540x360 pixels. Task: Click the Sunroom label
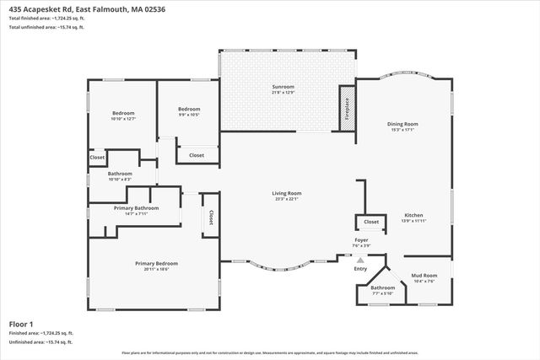[283, 87]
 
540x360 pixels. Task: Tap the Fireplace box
[345, 107]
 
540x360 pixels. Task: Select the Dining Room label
[404, 124]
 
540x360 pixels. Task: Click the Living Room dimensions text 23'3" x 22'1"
[287, 199]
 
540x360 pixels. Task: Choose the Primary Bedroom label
[156, 263]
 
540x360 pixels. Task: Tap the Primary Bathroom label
[136, 207]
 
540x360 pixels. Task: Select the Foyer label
[361, 240]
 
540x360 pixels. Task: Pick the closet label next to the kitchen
[370, 222]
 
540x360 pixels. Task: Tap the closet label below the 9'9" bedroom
[196, 155]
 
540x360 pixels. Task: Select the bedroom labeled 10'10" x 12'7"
[123, 113]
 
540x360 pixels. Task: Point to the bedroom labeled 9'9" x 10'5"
[188, 109]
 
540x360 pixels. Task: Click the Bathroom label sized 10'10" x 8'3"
[120, 174]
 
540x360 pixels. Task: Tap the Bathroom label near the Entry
[382, 287]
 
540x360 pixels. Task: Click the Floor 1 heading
[21, 324]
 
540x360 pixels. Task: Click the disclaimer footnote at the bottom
[269, 353]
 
